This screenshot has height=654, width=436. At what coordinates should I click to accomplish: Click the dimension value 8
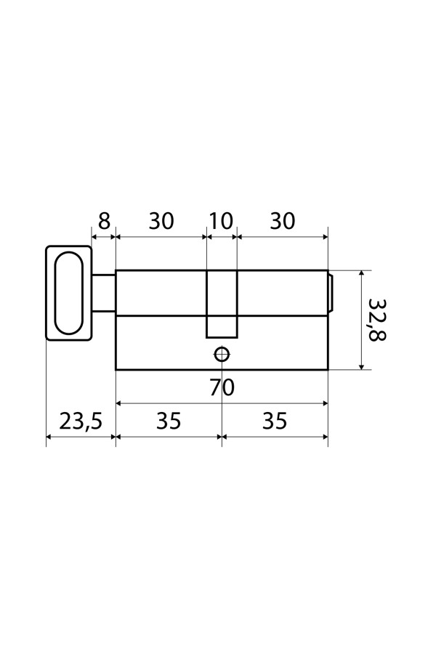[104, 221]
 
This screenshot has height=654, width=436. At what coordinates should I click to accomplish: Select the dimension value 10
[221, 221]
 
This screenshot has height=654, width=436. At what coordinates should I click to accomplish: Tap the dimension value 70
[222, 387]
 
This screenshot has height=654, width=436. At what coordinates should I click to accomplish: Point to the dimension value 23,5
[81, 421]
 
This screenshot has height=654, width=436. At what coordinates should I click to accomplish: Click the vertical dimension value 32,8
[378, 320]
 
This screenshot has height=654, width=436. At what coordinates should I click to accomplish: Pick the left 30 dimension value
[161, 221]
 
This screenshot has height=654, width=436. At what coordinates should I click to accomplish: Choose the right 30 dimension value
[283, 221]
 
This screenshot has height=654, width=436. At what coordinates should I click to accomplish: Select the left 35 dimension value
[169, 421]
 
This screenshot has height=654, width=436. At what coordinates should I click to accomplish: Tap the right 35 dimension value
[275, 421]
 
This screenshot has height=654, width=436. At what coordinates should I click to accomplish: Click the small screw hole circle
[222, 355]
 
